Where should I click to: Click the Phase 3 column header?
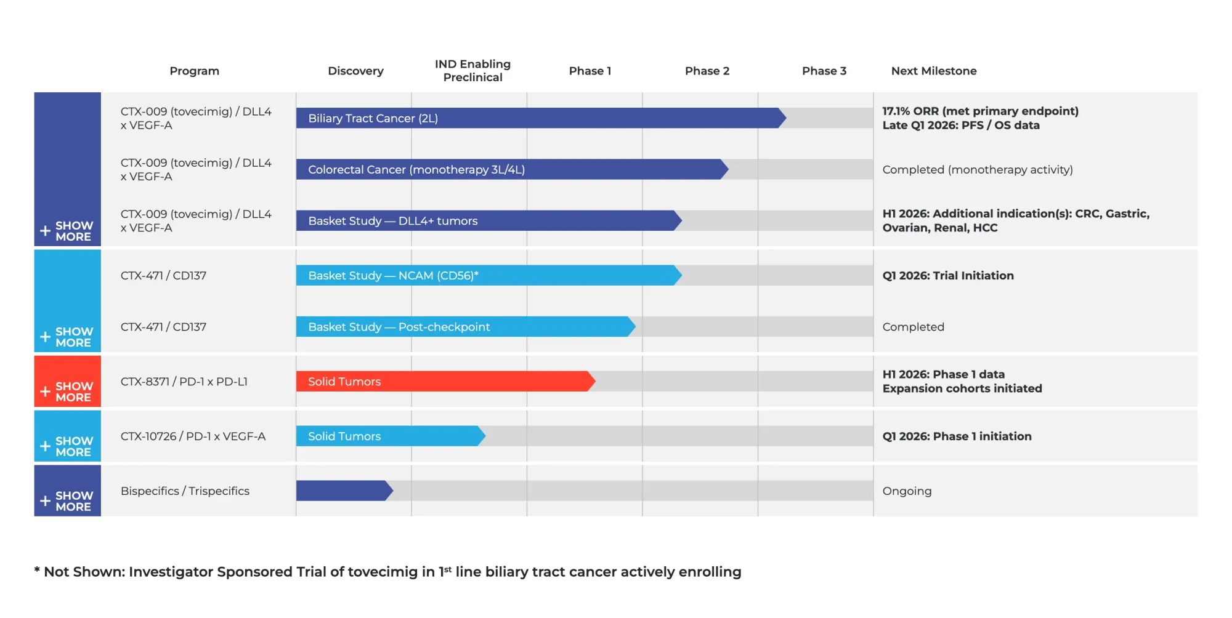coord(824,71)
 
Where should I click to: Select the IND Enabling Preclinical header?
coord(472,71)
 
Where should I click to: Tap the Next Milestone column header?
coord(933,71)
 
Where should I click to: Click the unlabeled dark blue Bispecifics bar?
coord(342,491)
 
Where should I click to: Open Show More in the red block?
coord(67,391)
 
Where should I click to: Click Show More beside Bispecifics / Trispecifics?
coord(67,501)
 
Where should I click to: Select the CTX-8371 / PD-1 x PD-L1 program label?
coord(184,382)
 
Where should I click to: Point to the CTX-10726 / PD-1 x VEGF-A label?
coord(193,436)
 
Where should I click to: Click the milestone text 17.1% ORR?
coord(979,111)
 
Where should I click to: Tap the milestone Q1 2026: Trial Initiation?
coord(947,276)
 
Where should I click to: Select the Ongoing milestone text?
coord(907,491)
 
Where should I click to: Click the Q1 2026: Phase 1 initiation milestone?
coord(957,436)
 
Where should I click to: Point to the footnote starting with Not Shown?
coord(388,572)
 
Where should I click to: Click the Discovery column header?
coord(355,71)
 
